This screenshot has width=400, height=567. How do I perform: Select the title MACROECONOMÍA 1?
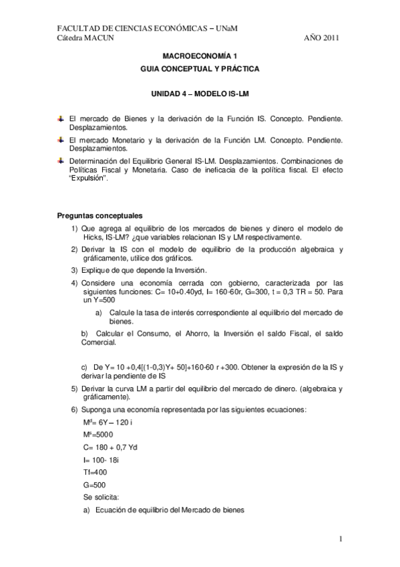point(200,58)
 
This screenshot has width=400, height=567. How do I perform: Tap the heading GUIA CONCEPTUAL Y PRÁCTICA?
point(200,69)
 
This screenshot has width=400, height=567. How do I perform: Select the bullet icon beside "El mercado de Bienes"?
point(61,118)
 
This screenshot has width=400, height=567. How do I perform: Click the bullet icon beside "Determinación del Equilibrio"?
point(61,161)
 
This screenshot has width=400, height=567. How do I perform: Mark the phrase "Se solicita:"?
point(102,497)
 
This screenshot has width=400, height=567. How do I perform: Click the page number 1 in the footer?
point(341,540)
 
